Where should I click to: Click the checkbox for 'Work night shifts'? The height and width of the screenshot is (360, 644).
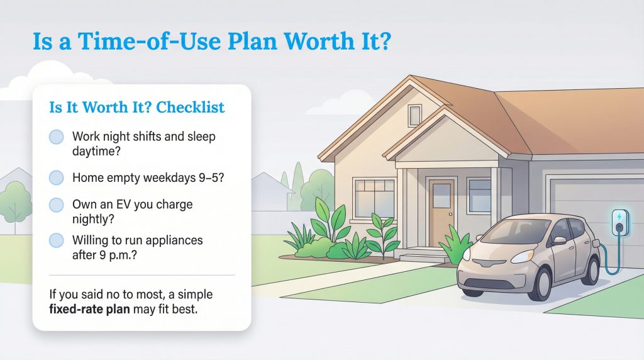(57, 137)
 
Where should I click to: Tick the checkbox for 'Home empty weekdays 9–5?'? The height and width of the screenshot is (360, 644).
(57, 177)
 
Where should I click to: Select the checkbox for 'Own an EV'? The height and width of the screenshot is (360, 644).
(57, 205)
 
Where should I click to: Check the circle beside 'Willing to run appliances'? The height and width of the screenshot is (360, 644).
(57, 240)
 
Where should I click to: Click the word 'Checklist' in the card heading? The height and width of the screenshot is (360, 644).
(190, 108)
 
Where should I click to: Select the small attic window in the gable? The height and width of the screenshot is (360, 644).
(415, 115)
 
